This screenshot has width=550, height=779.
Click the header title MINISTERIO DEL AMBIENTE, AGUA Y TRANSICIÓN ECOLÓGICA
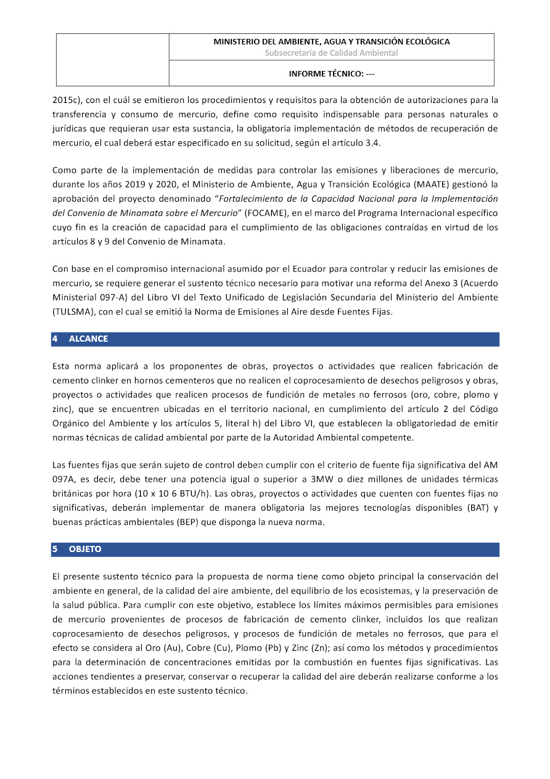click(331, 42)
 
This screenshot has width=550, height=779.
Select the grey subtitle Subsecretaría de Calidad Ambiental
click(331, 53)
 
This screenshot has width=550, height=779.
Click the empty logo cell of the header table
click(112, 59)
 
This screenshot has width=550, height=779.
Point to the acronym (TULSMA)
click(73, 312)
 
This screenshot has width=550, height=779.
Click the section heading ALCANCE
click(88, 339)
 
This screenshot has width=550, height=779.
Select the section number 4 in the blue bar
click(55, 339)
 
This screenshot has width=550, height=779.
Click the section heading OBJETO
click(85, 549)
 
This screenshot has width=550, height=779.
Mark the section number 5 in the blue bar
click(55, 549)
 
